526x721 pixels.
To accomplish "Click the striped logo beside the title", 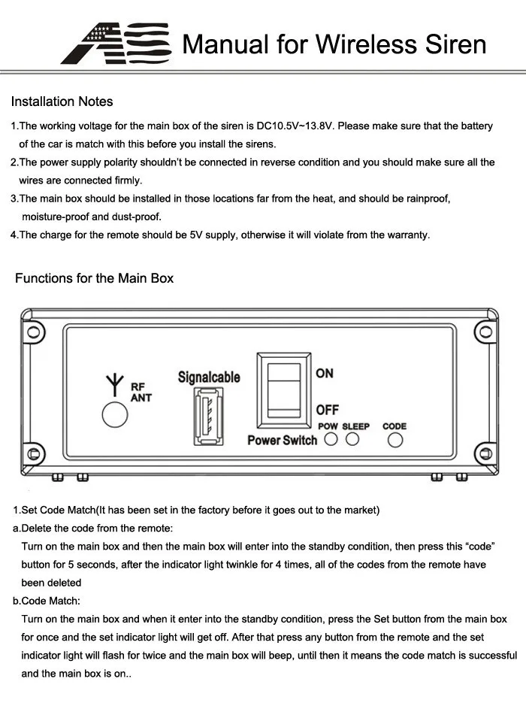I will pyautogui.click(x=114, y=44).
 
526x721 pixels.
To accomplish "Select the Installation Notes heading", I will pyautogui.click(x=62, y=101).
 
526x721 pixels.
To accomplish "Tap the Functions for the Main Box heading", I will pyautogui.click(x=94, y=278).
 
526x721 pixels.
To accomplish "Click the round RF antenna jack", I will pyautogui.click(x=115, y=415).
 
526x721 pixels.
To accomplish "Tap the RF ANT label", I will pyautogui.click(x=141, y=392).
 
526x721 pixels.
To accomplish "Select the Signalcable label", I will pyautogui.click(x=209, y=377).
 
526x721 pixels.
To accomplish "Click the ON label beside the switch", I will pyautogui.click(x=325, y=374).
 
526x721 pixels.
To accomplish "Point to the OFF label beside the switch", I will pyautogui.click(x=327, y=410).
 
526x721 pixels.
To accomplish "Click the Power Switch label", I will pyautogui.click(x=282, y=440).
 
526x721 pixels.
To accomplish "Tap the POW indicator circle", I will pyautogui.click(x=331, y=440).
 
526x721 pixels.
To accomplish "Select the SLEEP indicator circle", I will pyautogui.click(x=352, y=440).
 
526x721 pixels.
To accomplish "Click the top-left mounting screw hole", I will pyautogui.click(x=32, y=332).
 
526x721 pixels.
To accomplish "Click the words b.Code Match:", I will pyautogui.click(x=47, y=601).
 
